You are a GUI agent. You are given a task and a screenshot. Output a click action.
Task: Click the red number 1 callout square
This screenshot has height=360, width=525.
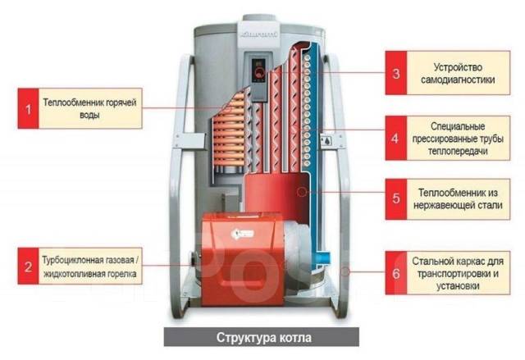[x=29, y=108]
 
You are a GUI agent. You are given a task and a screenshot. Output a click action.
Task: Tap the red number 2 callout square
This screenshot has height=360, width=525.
[x=29, y=267]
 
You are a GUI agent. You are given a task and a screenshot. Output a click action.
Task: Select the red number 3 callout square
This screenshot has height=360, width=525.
[x=396, y=73]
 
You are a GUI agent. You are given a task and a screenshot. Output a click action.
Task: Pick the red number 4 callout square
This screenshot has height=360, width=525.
[x=396, y=139]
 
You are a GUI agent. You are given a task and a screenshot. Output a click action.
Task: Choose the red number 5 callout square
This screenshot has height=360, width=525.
[x=396, y=198]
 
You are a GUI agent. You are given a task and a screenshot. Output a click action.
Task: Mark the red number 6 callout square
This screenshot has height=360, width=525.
[x=396, y=273]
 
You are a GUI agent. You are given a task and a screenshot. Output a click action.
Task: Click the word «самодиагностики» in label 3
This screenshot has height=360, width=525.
[x=458, y=80]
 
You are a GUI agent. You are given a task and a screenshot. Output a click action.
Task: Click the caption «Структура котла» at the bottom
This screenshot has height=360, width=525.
[x=264, y=337]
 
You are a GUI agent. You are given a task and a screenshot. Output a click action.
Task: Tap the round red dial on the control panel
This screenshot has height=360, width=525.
[x=259, y=73]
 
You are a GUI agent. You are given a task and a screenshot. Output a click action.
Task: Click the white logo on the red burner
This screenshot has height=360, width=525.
[x=243, y=234]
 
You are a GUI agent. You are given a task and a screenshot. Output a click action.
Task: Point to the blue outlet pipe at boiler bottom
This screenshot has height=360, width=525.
[x=323, y=258]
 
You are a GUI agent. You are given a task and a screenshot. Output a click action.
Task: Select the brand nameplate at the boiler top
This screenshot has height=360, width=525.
[x=259, y=34]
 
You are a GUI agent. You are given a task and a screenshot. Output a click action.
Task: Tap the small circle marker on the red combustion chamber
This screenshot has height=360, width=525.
[x=302, y=192]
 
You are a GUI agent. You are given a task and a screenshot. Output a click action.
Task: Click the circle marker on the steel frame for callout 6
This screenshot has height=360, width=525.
[x=345, y=271]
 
